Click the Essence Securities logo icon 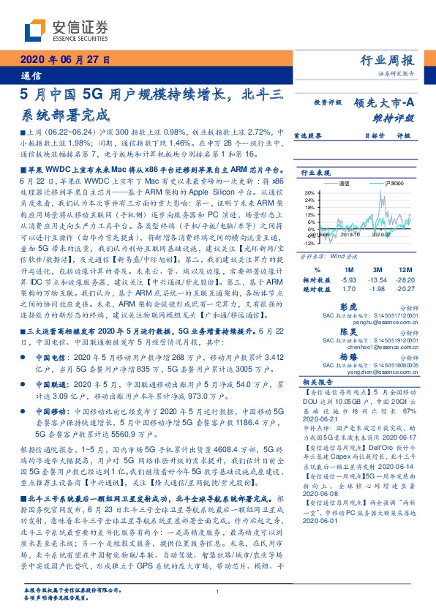(36, 30)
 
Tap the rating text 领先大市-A (384, 103)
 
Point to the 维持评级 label (395, 117)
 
